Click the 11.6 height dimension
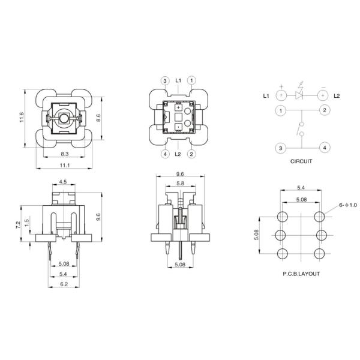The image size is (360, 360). point(22,119)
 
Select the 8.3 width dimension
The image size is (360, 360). point(64,154)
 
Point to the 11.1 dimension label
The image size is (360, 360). point(65,166)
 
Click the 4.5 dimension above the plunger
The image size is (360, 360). point(62,182)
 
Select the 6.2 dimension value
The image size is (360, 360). point(63,284)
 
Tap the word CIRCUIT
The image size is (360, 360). point(301,161)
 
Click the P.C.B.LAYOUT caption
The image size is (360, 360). point(301,274)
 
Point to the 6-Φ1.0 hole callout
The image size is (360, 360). point(347,205)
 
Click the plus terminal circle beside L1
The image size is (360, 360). point(280,95)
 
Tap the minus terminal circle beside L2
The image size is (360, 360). point(323,95)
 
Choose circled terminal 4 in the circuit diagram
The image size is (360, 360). point(323,147)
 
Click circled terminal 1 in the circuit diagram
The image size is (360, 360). point(280,110)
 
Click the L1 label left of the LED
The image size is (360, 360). point(266,95)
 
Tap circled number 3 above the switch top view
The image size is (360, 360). point(165,80)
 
